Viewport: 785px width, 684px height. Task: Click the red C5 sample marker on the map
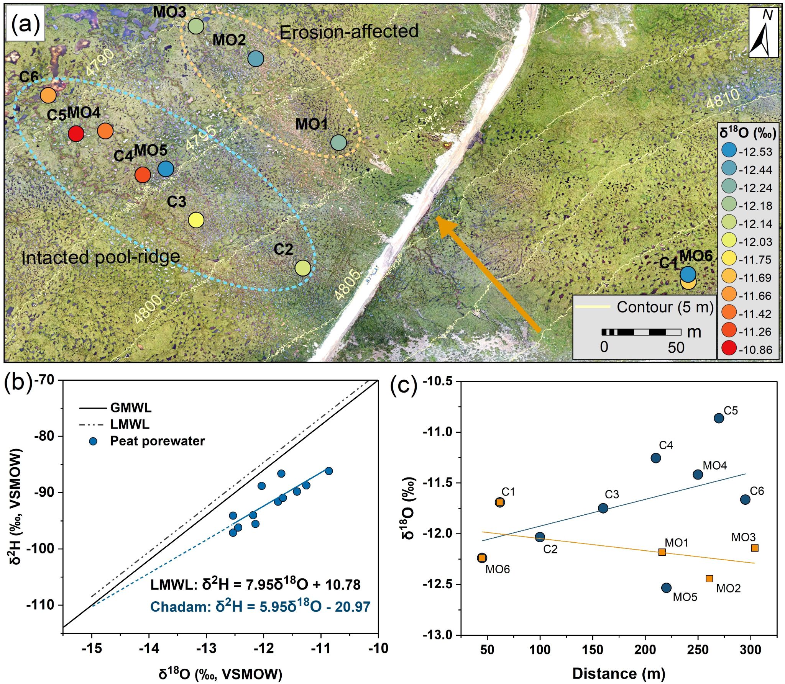pyautogui.click(x=76, y=134)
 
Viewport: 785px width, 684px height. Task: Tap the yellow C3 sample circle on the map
pyautogui.click(x=196, y=220)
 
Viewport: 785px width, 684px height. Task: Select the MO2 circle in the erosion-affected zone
pyautogui.click(x=256, y=59)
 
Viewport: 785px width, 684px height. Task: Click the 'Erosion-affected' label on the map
pyautogui.click(x=349, y=32)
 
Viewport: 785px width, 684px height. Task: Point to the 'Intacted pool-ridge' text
pyautogui.click(x=100, y=257)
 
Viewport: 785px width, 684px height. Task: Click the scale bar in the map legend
pyautogui.click(x=641, y=332)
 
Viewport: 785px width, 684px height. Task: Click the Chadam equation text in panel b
pyautogui.click(x=260, y=607)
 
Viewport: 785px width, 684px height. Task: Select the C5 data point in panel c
pyautogui.click(x=719, y=418)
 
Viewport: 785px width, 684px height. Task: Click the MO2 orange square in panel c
pyautogui.click(x=709, y=578)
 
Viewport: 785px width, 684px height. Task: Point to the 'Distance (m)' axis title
pyautogui.click(x=619, y=673)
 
